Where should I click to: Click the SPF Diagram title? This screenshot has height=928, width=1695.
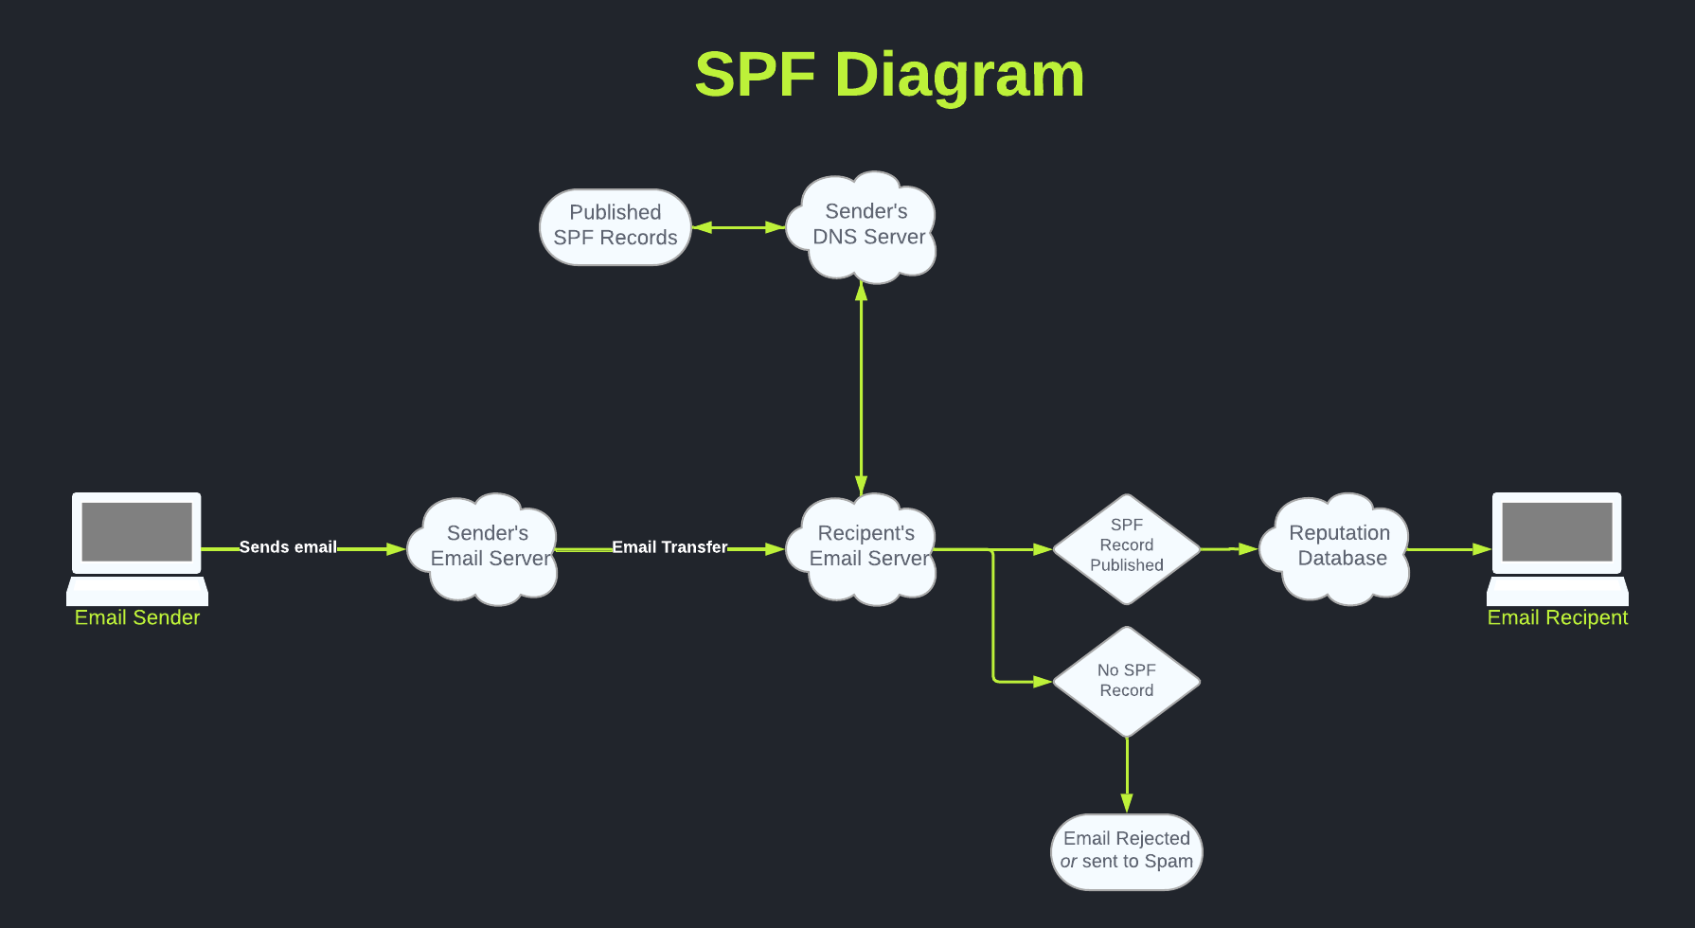click(889, 75)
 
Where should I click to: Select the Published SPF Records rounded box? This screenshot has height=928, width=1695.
click(616, 226)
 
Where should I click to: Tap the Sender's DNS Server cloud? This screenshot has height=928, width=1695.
click(866, 226)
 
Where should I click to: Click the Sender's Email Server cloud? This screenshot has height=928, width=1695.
click(487, 547)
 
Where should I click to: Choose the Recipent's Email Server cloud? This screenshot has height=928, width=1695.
click(866, 547)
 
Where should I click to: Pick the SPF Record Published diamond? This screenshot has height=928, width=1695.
click(1126, 547)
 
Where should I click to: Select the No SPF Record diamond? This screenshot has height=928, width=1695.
click(1126, 681)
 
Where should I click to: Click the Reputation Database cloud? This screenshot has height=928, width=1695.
click(1339, 547)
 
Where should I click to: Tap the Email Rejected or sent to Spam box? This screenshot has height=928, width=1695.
click(1126, 850)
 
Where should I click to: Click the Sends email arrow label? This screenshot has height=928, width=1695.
click(288, 547)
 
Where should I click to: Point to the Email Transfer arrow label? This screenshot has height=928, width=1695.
click(669, 547)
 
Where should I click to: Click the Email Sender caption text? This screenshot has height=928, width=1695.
click(137, 618)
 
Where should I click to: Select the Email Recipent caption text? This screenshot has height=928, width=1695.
click(1557, 618)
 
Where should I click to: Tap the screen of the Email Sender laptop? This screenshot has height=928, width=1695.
click(137, 532)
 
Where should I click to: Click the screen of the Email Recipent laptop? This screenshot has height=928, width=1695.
click(1557, 532)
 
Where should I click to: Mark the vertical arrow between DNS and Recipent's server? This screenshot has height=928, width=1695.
click(861, 388)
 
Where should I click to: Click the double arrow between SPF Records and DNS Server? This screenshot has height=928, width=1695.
click(739, 227)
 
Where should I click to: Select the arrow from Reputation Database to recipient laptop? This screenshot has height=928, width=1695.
click(1449, 549)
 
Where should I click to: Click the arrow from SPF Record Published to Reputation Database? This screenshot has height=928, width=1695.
click(1229, 549)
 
